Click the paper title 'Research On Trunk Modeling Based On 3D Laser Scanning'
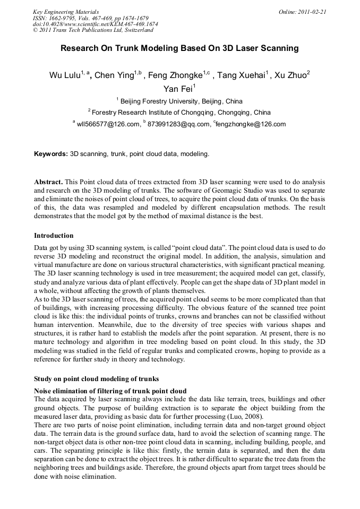179,48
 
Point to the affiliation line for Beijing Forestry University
179,101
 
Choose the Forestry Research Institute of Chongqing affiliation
179,113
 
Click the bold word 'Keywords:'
51,154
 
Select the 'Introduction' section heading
54,235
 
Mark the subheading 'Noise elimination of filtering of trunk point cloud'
110,391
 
